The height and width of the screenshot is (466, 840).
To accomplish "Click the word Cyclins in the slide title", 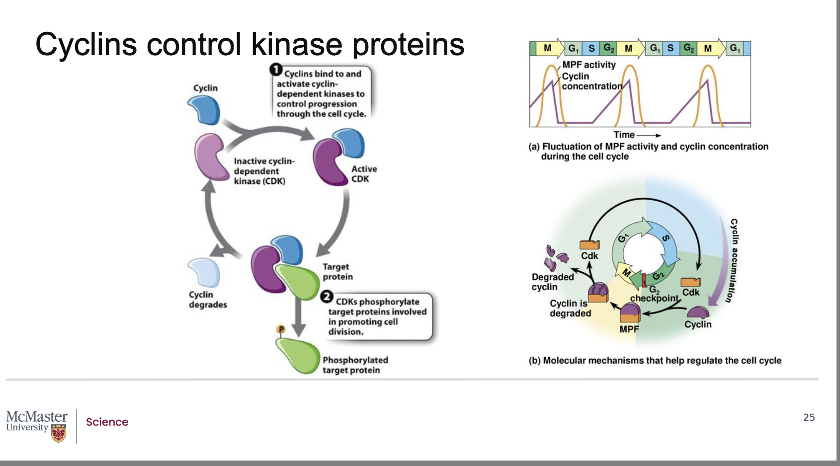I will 86,44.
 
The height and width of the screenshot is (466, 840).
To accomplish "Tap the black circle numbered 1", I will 276,70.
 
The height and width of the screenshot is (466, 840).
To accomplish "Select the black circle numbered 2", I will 327,297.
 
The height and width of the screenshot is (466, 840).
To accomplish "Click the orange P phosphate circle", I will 281,329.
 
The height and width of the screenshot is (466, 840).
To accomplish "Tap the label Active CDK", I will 364,174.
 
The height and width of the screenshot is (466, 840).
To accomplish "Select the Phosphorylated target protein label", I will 355,365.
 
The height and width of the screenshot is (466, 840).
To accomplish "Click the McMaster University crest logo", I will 59,432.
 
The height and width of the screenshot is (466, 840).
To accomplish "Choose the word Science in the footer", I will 107,422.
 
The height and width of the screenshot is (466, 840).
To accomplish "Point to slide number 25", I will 809,417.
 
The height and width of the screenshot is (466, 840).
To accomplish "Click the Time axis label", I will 624,135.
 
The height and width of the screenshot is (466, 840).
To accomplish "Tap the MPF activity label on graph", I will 589,65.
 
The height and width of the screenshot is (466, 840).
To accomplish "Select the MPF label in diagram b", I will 629,329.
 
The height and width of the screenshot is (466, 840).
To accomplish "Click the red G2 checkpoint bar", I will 644,280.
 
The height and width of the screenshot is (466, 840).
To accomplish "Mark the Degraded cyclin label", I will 552,282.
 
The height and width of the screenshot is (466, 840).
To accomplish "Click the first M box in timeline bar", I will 547,48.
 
